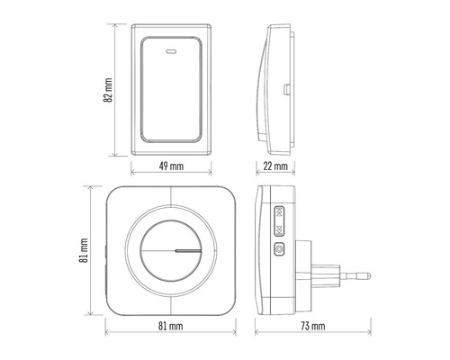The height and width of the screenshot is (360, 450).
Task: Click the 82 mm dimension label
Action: pyautogui.click(x=108, y=90)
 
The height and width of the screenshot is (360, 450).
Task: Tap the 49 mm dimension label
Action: pyautogui.click(x=171, y=166)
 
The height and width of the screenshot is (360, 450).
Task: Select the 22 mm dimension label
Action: pyautogui.click(x=275, y=166)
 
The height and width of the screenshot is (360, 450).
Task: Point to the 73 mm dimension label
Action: pyautogui.click(x=313, y=326)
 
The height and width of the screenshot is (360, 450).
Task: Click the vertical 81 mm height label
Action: pyautogui.click(x=84, y=250)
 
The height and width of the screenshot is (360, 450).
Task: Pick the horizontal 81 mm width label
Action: pyautogui.click(x=170, y=326)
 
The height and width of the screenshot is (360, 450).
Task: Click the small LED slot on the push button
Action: pyautogui.click(x=171, y=51)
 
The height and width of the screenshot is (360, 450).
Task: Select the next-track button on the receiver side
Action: pyautogui.click(x=279, y=230)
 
